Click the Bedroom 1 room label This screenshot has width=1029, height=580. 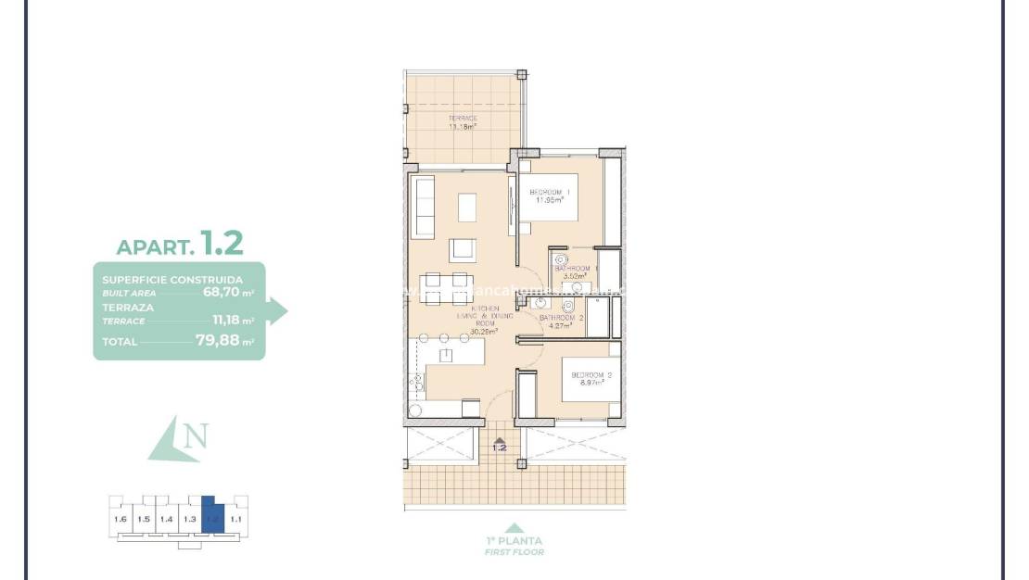[x=550, y=195]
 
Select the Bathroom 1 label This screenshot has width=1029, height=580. [x=577, y=271]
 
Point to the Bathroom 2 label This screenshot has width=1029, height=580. [x=563, y=321]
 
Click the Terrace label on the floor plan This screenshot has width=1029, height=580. [x=463, y=122]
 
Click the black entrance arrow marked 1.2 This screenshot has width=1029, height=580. [x=500, y=441]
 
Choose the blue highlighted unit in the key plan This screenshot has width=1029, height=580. [x=213, y=514]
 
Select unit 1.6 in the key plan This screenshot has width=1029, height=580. [x=121, y=519]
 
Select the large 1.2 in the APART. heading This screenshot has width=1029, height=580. [x=222, y=244]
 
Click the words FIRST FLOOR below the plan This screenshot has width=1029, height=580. [x=514, y=552]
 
